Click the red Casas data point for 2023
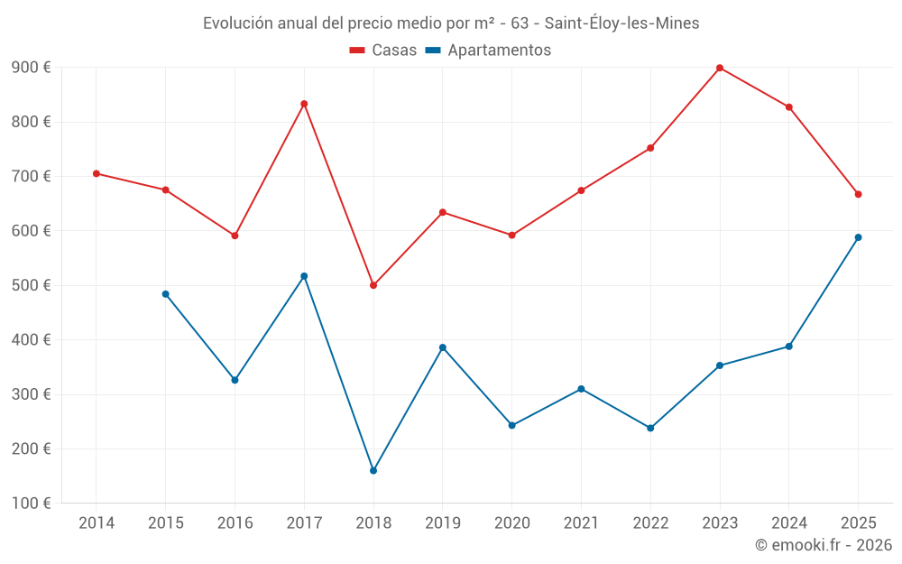720,68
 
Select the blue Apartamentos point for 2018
373,470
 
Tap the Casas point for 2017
304,104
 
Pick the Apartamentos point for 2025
858,237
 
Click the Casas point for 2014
97,173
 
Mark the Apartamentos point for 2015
166,294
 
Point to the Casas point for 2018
373,285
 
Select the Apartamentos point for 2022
650,428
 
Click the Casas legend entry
383,51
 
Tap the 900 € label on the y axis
32,68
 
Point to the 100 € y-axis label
32,504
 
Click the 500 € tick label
32,285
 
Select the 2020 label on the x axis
511,523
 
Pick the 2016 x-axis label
235,523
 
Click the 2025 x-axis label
858,523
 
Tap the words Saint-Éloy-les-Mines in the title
621,23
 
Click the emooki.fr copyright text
824,545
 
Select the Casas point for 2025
858,194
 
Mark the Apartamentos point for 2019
443,347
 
